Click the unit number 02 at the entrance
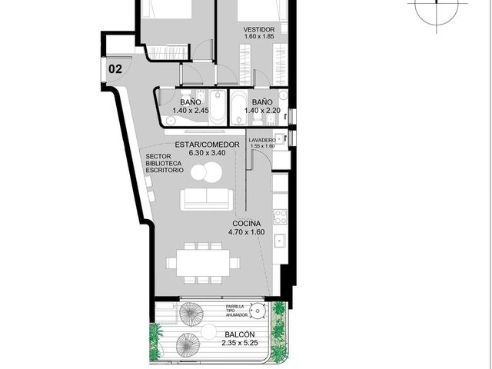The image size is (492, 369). pyautogui.click(x=115, y=69)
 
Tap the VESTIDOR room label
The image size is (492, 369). pyautogui.click(x=259, y=29)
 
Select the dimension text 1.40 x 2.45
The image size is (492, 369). pyautogui.click(x=191, y=111)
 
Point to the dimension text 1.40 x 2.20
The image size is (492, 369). pyautogui.click(x=262, y=111)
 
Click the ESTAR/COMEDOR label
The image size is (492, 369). pyautogui.click(x=207, y=145)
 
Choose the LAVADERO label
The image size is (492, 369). pyautogui.click(x=262, y=140)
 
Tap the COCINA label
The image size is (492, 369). pyautogui.click(x=247, y=224)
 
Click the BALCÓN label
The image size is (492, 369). pyautogui.click(x=240, y=334)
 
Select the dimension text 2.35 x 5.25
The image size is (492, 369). pyautogui.click(x=240, y=343)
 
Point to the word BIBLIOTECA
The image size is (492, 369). pyautogui.click(x=164, y=163)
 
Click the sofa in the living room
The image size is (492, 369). pyautogui.click(x=207, y=199)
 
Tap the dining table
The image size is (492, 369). pyautogui.click(x=203, y=263)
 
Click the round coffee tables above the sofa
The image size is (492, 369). pyautogui.click(x=207, y=171)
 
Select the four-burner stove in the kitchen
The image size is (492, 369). pyautogui.click(x=280, y=217)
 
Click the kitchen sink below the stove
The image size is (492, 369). pyautogui.click(x=280, y=241)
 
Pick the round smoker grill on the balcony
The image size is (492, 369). pyautogui.click(x=258, y=311)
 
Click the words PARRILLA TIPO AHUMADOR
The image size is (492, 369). pyautogui.click(x=237, y=311)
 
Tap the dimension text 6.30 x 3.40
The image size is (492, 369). pyautogui.click(x=207, y=153)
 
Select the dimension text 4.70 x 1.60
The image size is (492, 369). pyautogui.click(x=247, y=232)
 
